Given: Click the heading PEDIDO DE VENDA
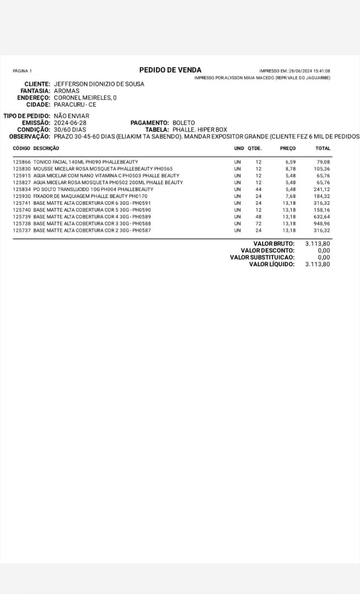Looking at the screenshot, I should [170, 70].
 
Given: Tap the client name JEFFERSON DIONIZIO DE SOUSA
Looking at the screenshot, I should [99, 84].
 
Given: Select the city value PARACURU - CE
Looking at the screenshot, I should [75, 104].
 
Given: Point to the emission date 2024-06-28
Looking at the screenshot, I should [70, 123].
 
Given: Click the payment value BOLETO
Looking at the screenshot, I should [183, 123].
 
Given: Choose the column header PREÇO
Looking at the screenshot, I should [287, 148].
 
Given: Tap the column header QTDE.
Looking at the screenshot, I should [254, 148].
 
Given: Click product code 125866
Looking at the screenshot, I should [21, 162].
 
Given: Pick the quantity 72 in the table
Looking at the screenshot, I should [258, 224].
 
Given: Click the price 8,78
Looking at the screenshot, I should [290, 169].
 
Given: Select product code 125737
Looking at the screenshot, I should [21, 230].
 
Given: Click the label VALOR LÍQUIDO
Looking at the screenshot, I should [271, 264].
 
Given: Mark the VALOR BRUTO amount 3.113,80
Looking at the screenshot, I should [318, 243].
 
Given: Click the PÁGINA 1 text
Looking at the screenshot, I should [22, 71].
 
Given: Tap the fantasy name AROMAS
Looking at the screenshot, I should [67, 91].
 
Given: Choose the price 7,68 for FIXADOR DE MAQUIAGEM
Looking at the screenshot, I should [290, 196].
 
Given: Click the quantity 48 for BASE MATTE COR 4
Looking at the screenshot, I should [258, 217].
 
